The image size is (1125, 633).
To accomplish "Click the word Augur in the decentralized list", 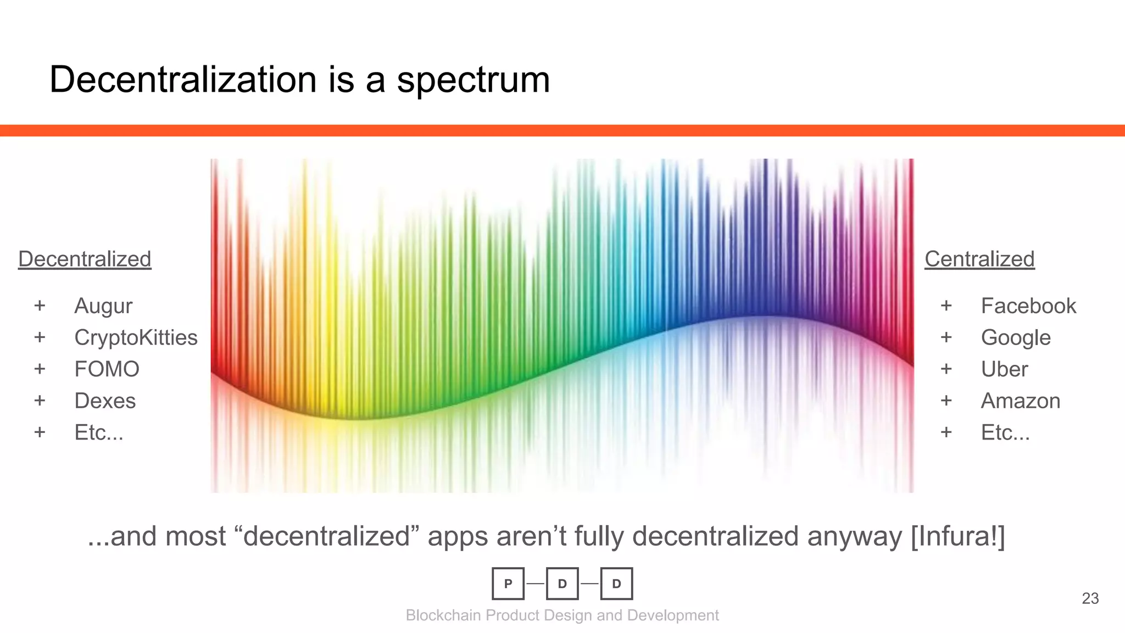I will point(103,306).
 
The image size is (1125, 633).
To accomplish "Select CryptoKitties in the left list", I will point(136,337).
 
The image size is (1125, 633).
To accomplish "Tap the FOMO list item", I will point(107,369).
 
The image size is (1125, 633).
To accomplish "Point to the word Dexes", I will point(105,401).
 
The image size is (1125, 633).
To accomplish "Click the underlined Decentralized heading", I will point(85,259).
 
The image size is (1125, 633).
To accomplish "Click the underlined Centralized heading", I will point(979,259).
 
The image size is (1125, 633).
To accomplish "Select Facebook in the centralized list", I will point(1028,306).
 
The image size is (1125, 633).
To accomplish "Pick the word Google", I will point(1016,337).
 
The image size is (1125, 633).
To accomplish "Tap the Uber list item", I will point(1004,369).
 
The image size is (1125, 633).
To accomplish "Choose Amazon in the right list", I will point(1021,401).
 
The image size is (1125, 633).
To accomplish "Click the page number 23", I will point(1090,598).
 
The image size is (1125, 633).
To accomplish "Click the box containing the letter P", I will point(508,584).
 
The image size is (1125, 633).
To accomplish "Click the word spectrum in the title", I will point(473,80).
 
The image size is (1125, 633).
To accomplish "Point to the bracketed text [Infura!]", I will point(958,536).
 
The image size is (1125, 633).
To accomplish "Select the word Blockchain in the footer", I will point(443,615).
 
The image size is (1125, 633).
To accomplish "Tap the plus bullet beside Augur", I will point(40,306).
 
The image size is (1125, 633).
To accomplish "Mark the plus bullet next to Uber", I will point(946,369).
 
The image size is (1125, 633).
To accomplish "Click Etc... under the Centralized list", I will point(1005,432).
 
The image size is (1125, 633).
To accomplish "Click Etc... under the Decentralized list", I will point(99,432).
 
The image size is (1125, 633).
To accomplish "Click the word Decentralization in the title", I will point(183,80).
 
